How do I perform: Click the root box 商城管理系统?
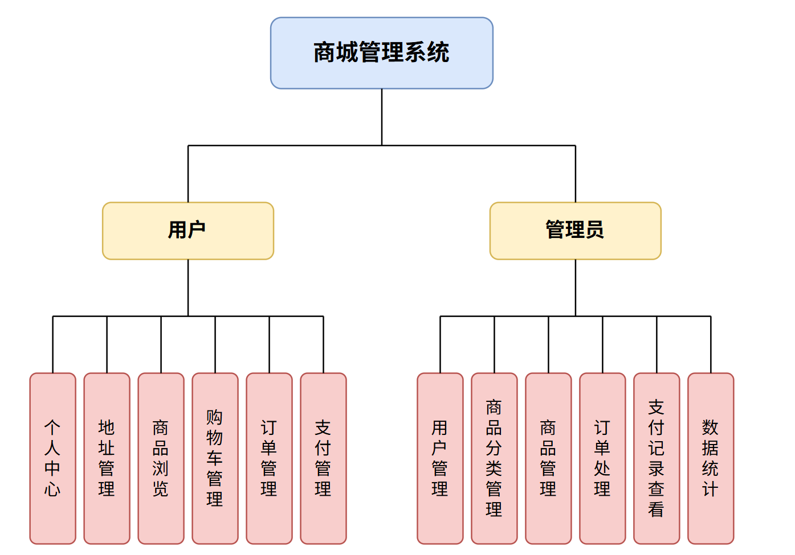(381, 53)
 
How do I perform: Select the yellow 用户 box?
(187, 231)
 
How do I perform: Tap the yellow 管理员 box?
(575, 231)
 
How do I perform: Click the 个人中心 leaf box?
(52, 458)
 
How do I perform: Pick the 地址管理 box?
(107, 458)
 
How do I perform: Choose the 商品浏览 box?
(161, 458)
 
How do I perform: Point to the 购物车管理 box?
(215, 458)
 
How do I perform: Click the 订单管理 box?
(269, 458)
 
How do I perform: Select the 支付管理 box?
(323, 458)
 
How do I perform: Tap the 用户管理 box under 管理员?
(440, 458)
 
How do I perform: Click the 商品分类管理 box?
(494, 458)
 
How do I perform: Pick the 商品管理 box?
(548, 458)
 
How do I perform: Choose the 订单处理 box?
(602, 458)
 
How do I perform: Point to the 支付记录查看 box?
(657, 458)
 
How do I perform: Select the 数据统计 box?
(711, 458)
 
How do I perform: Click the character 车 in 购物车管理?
(215, 458)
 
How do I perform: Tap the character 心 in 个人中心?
(52, 489)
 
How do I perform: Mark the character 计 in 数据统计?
(711, 489)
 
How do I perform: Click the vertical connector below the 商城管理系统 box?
(382, 117)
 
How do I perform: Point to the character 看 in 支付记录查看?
(657, 509)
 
